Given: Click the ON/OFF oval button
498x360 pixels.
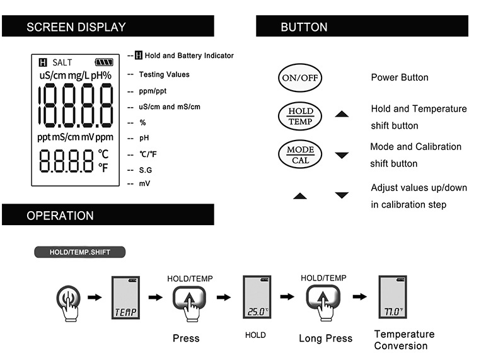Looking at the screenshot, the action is point(300,78).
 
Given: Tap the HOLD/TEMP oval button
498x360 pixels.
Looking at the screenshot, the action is point(300,116).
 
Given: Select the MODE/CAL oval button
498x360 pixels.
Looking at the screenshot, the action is point(300,154).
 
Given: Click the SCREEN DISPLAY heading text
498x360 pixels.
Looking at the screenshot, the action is point(76,27).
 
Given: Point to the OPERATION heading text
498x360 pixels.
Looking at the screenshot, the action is point(60,216).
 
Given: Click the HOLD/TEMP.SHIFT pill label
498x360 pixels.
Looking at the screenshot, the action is point(79,252).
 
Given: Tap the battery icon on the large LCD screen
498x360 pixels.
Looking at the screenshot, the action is point(104,62).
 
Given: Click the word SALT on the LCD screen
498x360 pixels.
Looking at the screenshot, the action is point(62,62).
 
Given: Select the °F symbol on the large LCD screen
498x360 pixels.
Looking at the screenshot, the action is point(103,168).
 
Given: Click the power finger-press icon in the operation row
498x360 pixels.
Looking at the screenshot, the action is point(68,303).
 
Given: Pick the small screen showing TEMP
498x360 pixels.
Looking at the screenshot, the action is point(125,298).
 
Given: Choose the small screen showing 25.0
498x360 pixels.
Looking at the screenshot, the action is point(257,297).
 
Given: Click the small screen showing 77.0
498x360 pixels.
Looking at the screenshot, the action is point(393,297).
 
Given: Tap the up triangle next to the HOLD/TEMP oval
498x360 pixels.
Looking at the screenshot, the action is point(342,114).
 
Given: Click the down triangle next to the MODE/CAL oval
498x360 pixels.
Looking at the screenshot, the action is point(342,155).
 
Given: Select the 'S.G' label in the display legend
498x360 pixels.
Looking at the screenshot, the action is point(146,170).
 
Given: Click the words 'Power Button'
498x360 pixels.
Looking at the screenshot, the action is point(400,78).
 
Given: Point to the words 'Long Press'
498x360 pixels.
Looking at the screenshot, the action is point(325,339).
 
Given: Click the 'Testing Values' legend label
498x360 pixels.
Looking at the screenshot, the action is point(164,74).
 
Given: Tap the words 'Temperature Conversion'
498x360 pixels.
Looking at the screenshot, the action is point(404,340).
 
